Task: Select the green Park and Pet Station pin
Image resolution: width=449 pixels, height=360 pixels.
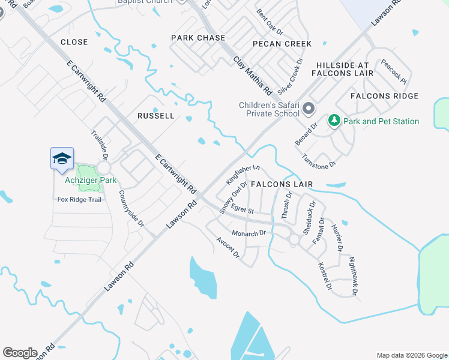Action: point(334,121)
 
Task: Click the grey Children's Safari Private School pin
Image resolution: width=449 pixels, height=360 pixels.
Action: point(309,109)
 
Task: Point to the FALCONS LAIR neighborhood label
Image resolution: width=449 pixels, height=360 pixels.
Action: point(282,184)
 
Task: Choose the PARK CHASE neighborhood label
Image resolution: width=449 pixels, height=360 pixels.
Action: point(198,38)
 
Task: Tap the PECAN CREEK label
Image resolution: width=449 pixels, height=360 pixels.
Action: point(282,44)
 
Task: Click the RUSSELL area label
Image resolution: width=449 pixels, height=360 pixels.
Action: point(155,115)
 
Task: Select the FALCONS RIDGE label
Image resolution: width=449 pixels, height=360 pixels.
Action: point(384,96)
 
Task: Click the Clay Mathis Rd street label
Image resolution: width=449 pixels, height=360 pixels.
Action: point(253,76)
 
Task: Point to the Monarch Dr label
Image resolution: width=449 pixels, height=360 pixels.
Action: point(249,232)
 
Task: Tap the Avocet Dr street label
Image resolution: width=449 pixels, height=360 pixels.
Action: point(228,247)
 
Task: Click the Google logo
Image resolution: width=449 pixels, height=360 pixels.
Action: point(20,353)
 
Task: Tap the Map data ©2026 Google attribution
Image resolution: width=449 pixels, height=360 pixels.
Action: point(412,355)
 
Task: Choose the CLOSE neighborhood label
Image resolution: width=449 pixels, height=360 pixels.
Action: point(74,42)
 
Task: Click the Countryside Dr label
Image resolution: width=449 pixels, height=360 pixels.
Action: point(131,208)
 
